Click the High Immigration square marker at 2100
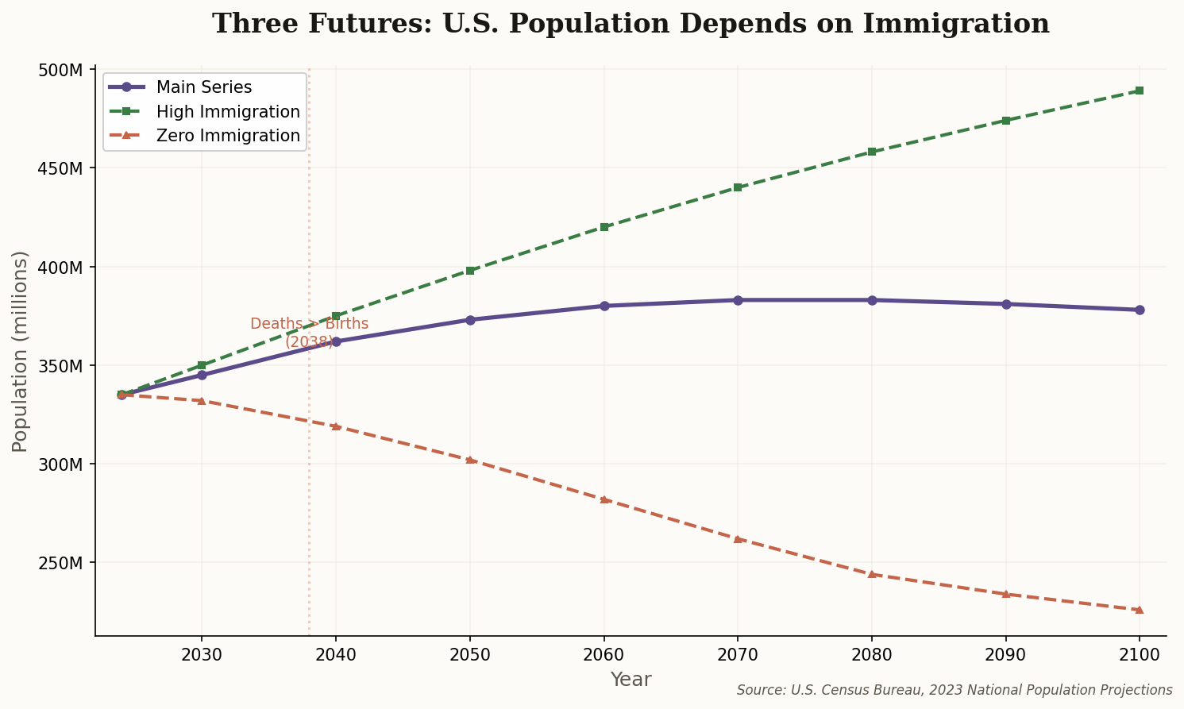tap(1140, 91)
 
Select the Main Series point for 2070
tap(738, 300)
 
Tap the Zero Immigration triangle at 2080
tap(872, 574)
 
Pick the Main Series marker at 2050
tap(470, 320)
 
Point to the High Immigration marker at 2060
tap(604, 227)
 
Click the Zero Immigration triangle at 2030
tap(202, 401)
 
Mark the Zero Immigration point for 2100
tap(1140, 610)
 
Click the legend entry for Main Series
tap(204, 87)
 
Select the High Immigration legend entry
tap(228, 112)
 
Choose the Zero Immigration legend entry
tap(228, 136)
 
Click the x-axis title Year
tap(631, 680)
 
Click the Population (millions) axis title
tap(20, 351)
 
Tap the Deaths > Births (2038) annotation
tap(309, 333)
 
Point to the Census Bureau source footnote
tap(955, 691)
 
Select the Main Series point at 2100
tap(1140, 310)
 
